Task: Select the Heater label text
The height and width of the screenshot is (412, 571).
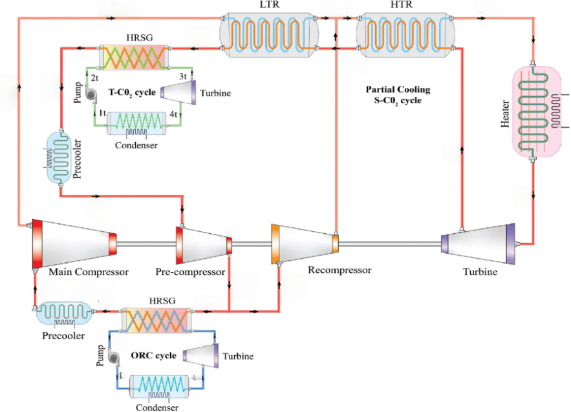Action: pos(506,114)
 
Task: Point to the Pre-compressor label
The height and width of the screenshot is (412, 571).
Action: pos(190,272)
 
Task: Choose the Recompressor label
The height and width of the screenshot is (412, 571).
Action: pos(339,270)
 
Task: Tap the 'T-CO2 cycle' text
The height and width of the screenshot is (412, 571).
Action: pos(132,92)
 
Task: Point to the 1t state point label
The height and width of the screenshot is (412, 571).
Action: pos(102,113)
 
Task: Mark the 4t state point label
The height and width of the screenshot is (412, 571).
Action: pos(174,114)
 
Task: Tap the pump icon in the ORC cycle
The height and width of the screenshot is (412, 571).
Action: pos(114,358)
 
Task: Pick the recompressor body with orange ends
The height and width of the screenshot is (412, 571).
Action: pos(305,242)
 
